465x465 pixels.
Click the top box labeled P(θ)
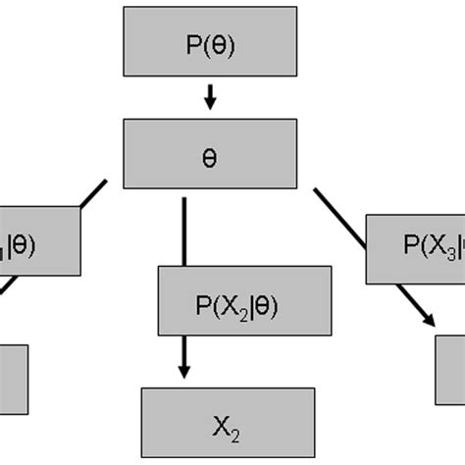coord(210,44)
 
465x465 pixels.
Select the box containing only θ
coord(210,155)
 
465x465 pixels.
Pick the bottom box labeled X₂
coord(228,423)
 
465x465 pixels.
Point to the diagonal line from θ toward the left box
coord(94,193)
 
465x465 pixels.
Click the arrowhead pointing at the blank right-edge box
coord(430,319)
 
